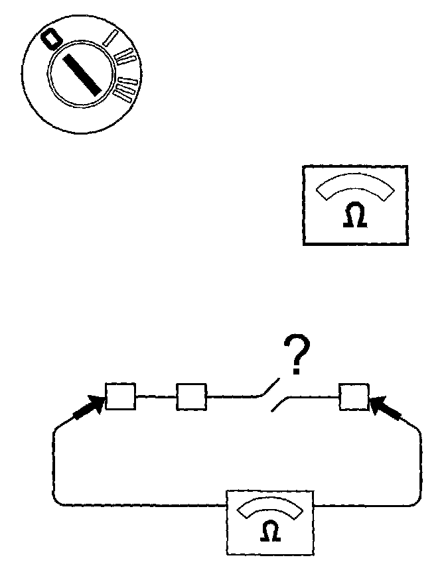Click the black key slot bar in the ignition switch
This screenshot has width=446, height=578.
tap(82, 72)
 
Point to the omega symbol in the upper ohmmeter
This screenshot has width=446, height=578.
tap(354, 217)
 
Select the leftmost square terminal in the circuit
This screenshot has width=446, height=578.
tap(121, 396)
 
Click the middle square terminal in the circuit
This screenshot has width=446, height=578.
tap(191, 396)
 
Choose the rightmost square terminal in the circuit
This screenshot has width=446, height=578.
tap(353, 396)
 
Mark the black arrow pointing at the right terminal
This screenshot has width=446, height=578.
tap(386, 410)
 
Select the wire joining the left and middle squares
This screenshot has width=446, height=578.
tap(156, 397)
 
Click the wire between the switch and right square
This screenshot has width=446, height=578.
tap(312, 398)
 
